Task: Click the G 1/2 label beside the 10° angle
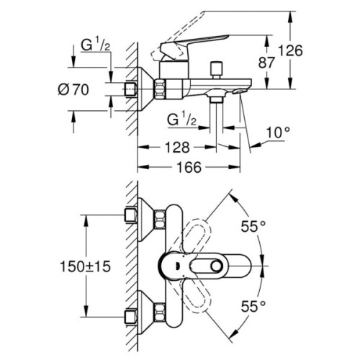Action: pyautogui.click(x=182, y=119)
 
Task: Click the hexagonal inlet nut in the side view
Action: pyautogui.click(x=130, y=90)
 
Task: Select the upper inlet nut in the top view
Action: pyautogui.click(x=130, y=214)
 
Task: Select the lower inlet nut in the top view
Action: pyautogui.click(x=130, y=314)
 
